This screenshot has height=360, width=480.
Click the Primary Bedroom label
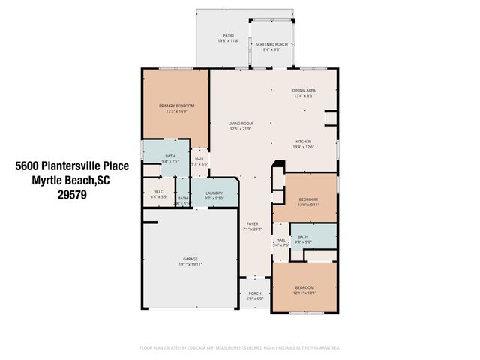tap(176, 106)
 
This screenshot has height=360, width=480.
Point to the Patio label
tap(229, 35)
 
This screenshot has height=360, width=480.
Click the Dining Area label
tap(304, 91)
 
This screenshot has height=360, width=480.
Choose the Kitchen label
tap(304, 141)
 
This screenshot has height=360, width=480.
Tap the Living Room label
tap(241, 124)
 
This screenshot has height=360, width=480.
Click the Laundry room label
tap(214, 193)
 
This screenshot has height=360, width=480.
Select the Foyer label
tap(253, 223)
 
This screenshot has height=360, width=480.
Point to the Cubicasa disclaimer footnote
tap(240, 348)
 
